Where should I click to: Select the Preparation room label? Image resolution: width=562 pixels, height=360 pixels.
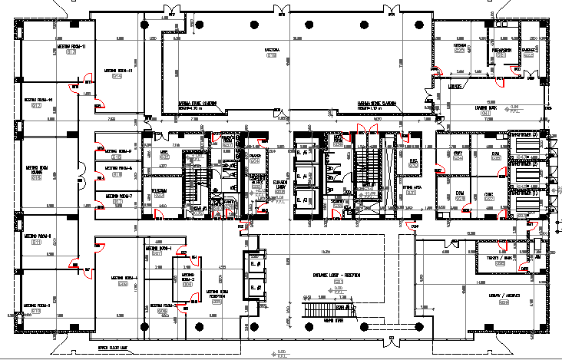pos(502,48)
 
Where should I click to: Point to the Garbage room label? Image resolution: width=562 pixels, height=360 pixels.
pos(529,51)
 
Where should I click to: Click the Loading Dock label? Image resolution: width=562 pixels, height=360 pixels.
pos(485,110)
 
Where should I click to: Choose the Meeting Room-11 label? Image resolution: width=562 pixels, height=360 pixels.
pos(71,47)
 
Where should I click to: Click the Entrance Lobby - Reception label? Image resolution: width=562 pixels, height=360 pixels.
pos(339,276)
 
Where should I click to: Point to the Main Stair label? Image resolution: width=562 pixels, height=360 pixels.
pos(332,320)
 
